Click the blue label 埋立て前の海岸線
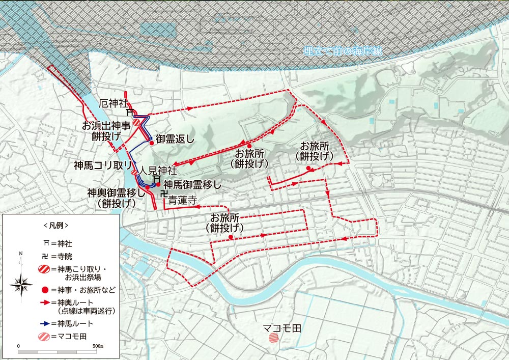pyautogui.click(x=342, y=51)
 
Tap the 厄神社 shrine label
pyautogui.click(x=112, y=103)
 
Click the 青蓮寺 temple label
pyautogui.click(x=183, y=201)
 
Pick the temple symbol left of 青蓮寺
pyautogui.click(x=163, y=194)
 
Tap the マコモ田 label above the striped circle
pyautogui.click(x=282, y=328)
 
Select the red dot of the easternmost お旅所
pyautogui.click(x=308, y=169)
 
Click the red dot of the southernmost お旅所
pyautogui.click(x=231, y=237)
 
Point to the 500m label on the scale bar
pyautogui.click(x=98, y=346)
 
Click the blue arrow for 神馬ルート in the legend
pyautogui.click(x=44, y=323)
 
